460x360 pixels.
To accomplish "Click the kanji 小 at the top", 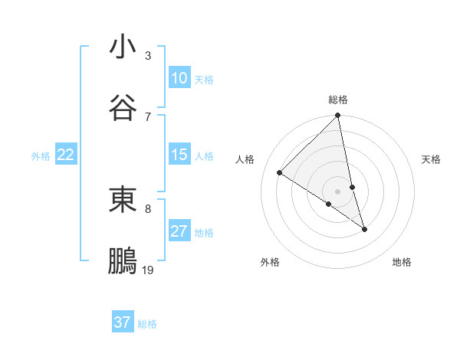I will pos(123,47).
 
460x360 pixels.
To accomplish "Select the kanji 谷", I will pos(123,106).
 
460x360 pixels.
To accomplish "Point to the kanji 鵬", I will pos(123,261).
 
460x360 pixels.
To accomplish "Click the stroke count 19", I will pos(148,270).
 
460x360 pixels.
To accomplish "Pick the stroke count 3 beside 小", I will pos(148,56).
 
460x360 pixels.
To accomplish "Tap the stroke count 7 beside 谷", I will pos(148,116).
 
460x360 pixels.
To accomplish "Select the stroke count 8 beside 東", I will pos(148,208).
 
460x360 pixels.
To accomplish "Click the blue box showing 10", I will pos(179,78).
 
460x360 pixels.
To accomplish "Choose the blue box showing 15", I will pos(179,155).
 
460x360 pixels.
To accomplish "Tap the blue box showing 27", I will pos(179,231).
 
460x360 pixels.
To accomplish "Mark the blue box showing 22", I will pos(66,155).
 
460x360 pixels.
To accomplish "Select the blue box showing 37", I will pos(123,322).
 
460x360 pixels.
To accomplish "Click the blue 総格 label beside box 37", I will pos(147,324).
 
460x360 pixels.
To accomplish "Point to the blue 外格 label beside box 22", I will pos(41,156).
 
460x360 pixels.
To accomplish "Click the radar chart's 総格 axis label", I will pos(338,100).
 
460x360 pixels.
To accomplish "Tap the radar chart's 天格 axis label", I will pos(432,159).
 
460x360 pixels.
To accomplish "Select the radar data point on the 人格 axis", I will pos(280,172).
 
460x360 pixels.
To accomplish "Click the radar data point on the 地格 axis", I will pos(364,228).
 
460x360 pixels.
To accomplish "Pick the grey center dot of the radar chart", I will pos(338,191).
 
